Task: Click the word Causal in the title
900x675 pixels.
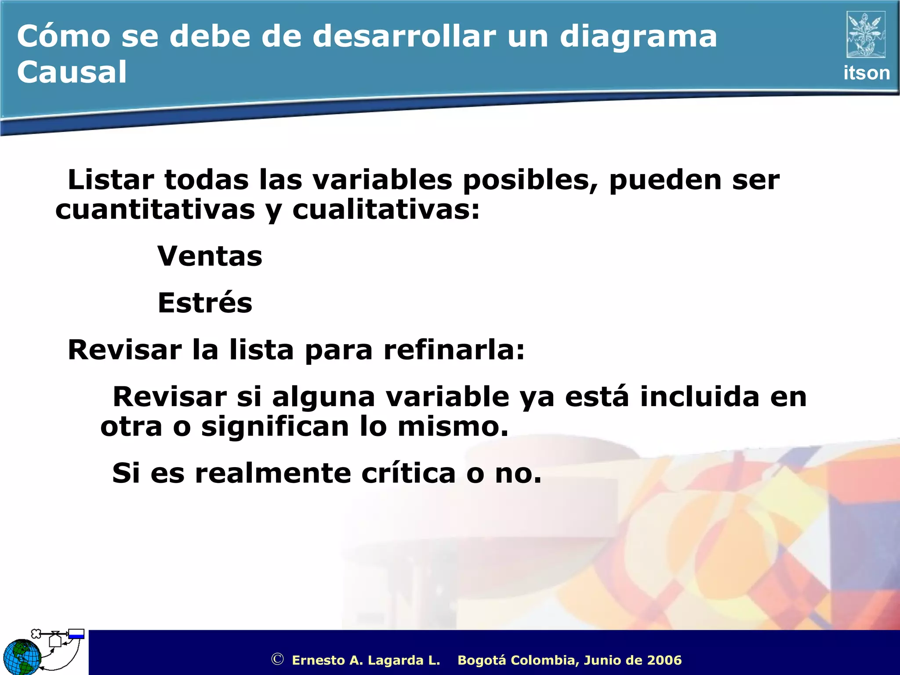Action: click(x=72, y=72)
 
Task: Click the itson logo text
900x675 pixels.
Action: click(x=866, y=73)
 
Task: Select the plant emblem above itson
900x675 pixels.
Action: click(x=866, y=35)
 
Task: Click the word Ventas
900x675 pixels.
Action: click(x=210, y=256)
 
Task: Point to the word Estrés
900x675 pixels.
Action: click(x=205, y=303)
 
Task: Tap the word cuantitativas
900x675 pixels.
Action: click(x=155, y=210)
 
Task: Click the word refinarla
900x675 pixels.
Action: click(x=454, y=350)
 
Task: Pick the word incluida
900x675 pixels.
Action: click(x=699, y=397)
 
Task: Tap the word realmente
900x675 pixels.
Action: click(x=273, y=474)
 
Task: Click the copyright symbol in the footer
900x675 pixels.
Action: click(x=277, y=659)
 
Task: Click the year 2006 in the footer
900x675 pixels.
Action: click(x=664, y=660)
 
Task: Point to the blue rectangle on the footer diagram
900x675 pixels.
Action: click(x=76, y=634)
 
